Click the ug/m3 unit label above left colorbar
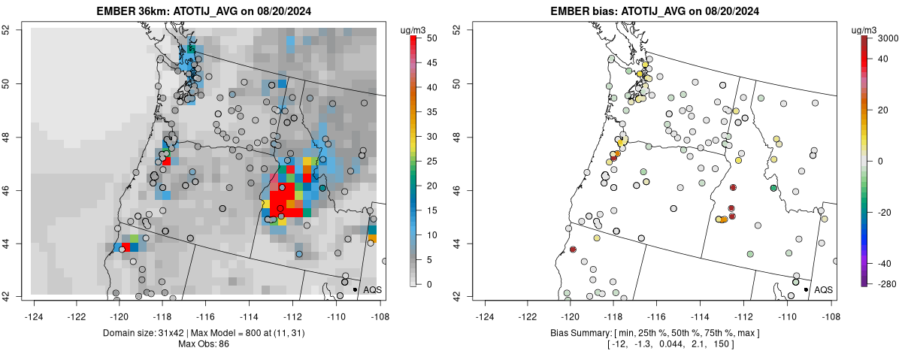tap(413, 29)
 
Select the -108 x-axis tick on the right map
tap(831, 307)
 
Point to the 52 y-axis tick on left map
tap(26, 30)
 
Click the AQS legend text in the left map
tap(372, 289)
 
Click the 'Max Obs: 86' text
tap(204, 344)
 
